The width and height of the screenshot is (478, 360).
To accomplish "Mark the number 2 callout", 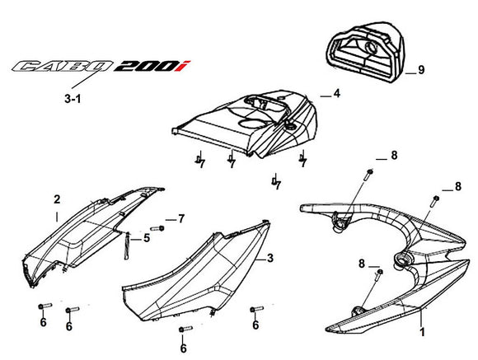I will (x=57, y=199).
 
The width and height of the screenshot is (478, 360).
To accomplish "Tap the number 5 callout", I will (x=147, y=238).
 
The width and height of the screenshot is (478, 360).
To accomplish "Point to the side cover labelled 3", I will (x=198, y=272).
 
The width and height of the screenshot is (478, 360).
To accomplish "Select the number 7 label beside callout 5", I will (x=181, y=217).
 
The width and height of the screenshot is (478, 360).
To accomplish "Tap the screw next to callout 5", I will (x=155, y=227).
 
